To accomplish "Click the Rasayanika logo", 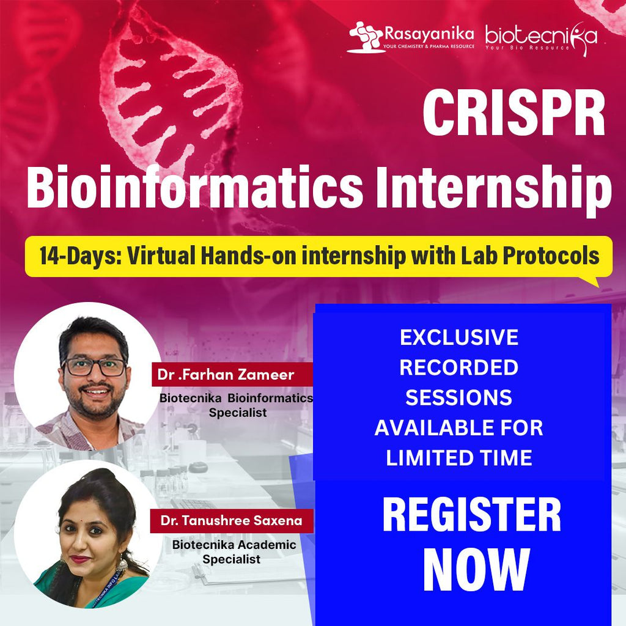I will [x=411, y=36].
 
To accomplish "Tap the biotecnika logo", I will [x=540, y=36].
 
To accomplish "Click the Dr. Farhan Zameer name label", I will [x=226, y=375].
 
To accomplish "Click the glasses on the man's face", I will [x=94, y=367].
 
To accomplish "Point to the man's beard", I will [x=95, y=407].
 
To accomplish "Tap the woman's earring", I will [x=120, y=561].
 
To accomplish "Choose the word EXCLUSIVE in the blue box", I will [x=458, y=337].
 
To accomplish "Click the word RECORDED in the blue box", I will [x=458, y=367].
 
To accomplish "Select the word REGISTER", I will [x=471, y=515].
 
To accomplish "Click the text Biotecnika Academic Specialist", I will [x=233, y=551].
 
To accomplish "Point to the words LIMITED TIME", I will [x=458, y=458].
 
